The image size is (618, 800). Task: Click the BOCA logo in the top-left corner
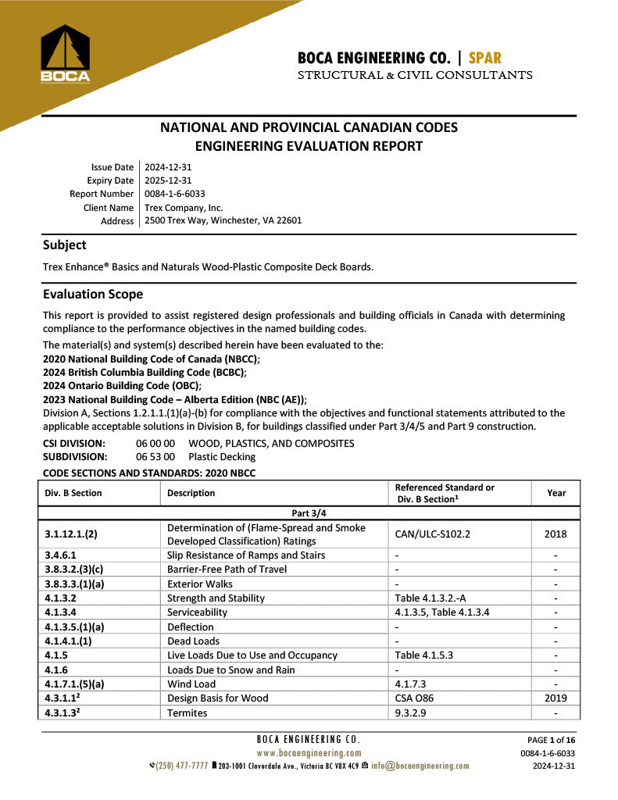click(x=66, y=53)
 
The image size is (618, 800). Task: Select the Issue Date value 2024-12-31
click(x=168, y=167)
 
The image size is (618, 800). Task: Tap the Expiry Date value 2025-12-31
click(x=168, y=180)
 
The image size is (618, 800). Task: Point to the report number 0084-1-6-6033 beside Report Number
click(x=175, y=194)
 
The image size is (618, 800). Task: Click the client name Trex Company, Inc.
click(x=184, y=208)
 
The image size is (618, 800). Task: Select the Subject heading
click(x=65, y=245)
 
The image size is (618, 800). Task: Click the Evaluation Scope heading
click(x=93, y=295)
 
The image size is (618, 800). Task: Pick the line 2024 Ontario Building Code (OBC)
click(x=122, y=385)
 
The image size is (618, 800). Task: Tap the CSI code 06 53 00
click(x=155, y=457)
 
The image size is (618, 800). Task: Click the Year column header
click(x=555, y=493)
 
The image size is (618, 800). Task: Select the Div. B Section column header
click(x=73, y=493)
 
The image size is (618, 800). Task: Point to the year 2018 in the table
click(x=555, y=534)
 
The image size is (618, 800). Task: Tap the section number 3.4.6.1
click(x=61, y=555)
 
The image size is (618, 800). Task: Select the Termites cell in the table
click(x=188, y=712)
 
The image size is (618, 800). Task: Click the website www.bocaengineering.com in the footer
click(x=309, y=753)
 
